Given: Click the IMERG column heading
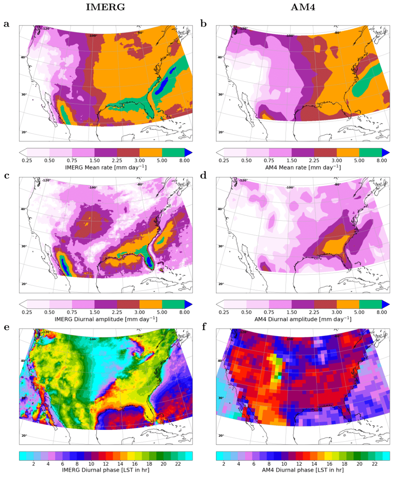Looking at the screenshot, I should pos(105,7).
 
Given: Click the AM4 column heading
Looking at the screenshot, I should pos(303,7).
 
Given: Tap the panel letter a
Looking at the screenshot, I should pos(6,24).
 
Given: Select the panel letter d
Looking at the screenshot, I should pos(204,176).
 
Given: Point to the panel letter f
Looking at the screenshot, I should pos(204,327).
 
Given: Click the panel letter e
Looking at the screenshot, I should pos(6,327).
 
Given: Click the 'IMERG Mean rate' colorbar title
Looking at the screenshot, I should pos(105,168).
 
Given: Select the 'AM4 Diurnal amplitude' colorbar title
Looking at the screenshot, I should pos(303,319).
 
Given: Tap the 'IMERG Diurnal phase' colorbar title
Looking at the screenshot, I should pos(105,470).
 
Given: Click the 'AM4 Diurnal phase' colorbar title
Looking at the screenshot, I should pos(303,470).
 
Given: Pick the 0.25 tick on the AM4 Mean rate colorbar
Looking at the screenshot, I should pos(224,160).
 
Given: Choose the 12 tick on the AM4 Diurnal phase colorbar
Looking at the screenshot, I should pos(299,464).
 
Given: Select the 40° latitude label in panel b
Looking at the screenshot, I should pos(220,57).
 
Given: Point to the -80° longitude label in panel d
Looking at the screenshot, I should pos(337,184).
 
